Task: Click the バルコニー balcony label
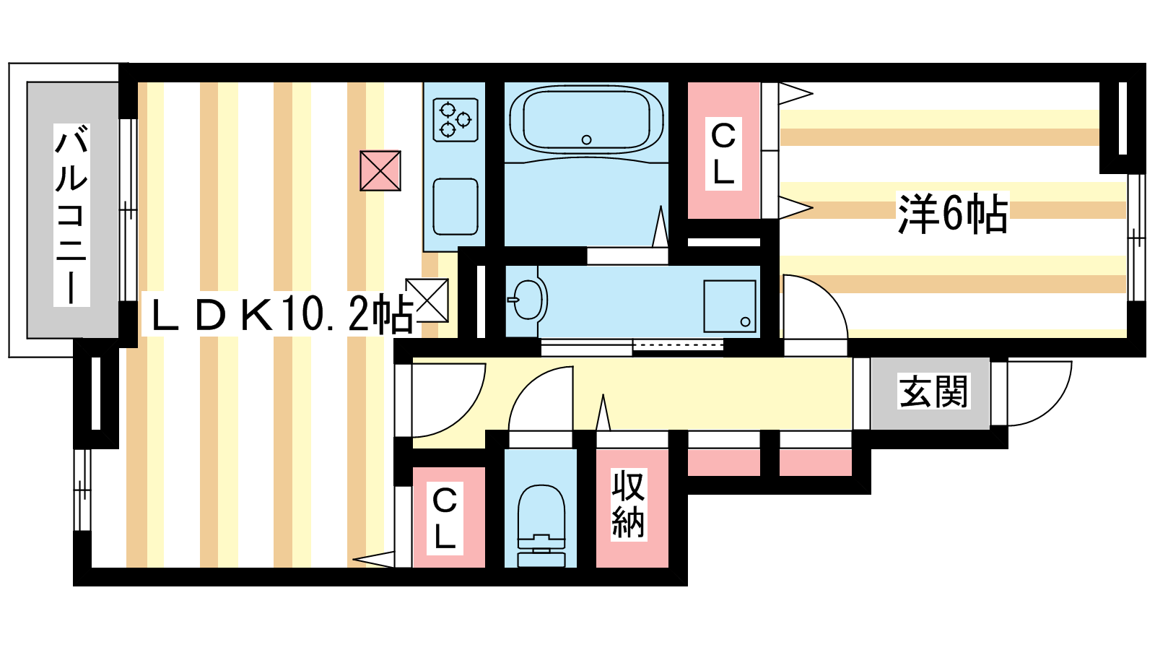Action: pos(71,215)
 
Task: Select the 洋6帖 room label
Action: pos(952,214)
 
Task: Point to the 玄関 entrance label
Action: pos(933,391)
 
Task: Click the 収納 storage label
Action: pos(629,504)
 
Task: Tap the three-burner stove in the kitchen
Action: pos(456,120)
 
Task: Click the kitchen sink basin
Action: pos(456,207)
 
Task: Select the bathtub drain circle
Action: pos(586,139)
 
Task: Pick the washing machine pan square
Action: pos(730,306)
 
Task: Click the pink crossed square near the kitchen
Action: pos(380,170)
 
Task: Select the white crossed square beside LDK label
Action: pos(427,300)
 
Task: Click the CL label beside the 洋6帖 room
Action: pos(723,155)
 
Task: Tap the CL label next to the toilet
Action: pos(445,519)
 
